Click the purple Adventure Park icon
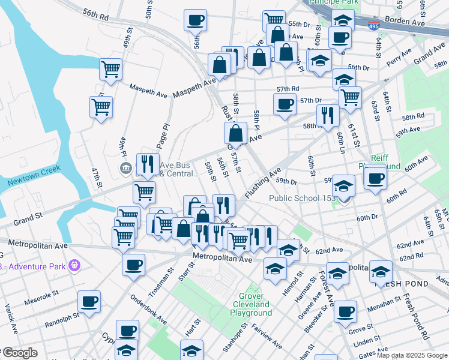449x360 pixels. [74, 264]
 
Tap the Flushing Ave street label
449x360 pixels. [264, 182]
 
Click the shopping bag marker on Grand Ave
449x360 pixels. [236, 134]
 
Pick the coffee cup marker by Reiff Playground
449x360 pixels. [375, 178]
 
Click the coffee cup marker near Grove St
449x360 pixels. [345, 311]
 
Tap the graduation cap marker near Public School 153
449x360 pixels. [344, 185]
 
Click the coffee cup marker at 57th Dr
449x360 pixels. [285, 103]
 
